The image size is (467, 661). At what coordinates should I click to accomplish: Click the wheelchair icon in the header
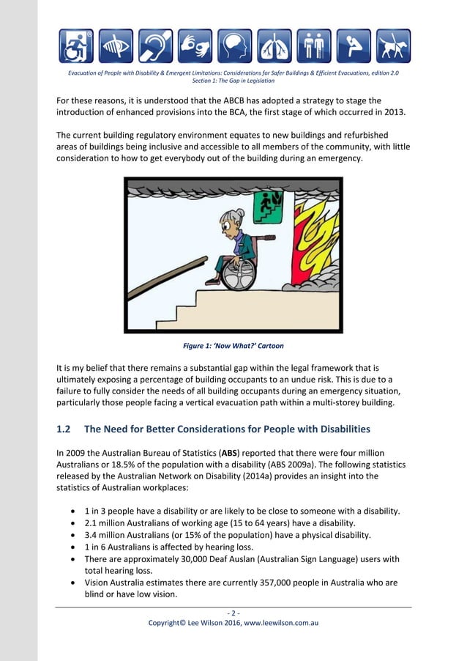click(x=76, y=46)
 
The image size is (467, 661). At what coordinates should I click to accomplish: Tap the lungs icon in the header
click(x=274, y=46)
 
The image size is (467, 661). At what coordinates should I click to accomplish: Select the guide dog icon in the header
click(x=393, y=46)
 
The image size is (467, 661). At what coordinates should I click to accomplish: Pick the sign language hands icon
click(x=195, y=46)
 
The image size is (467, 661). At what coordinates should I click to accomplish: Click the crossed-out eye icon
click(x=116, y=46)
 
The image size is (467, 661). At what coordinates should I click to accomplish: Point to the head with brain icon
click(x=234, y=46)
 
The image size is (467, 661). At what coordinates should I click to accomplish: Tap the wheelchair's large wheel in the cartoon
click(x=239, y=273)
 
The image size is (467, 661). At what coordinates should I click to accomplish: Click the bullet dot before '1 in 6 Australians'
click(x=73, y=547)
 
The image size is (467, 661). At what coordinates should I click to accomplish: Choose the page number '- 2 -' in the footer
click(x=233, y=613)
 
